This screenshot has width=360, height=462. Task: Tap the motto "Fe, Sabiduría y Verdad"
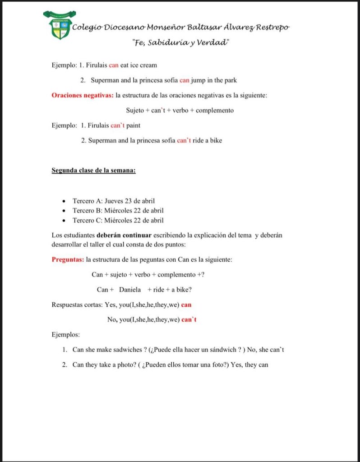tap(181, 43)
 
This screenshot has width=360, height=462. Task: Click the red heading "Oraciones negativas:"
tap(83, 95)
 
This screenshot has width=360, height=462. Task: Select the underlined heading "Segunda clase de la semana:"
tap(94, 171)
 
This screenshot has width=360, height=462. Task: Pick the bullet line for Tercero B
tap(118, 211)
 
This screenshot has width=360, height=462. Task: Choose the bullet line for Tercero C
tap(118, 221)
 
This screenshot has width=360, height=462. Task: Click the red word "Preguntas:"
tap(68, 259)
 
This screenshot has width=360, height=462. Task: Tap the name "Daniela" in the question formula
tap(130, 290)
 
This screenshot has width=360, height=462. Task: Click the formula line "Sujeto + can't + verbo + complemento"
tap(180, 110)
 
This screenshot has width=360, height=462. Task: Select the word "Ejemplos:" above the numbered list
tap(66, 335)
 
